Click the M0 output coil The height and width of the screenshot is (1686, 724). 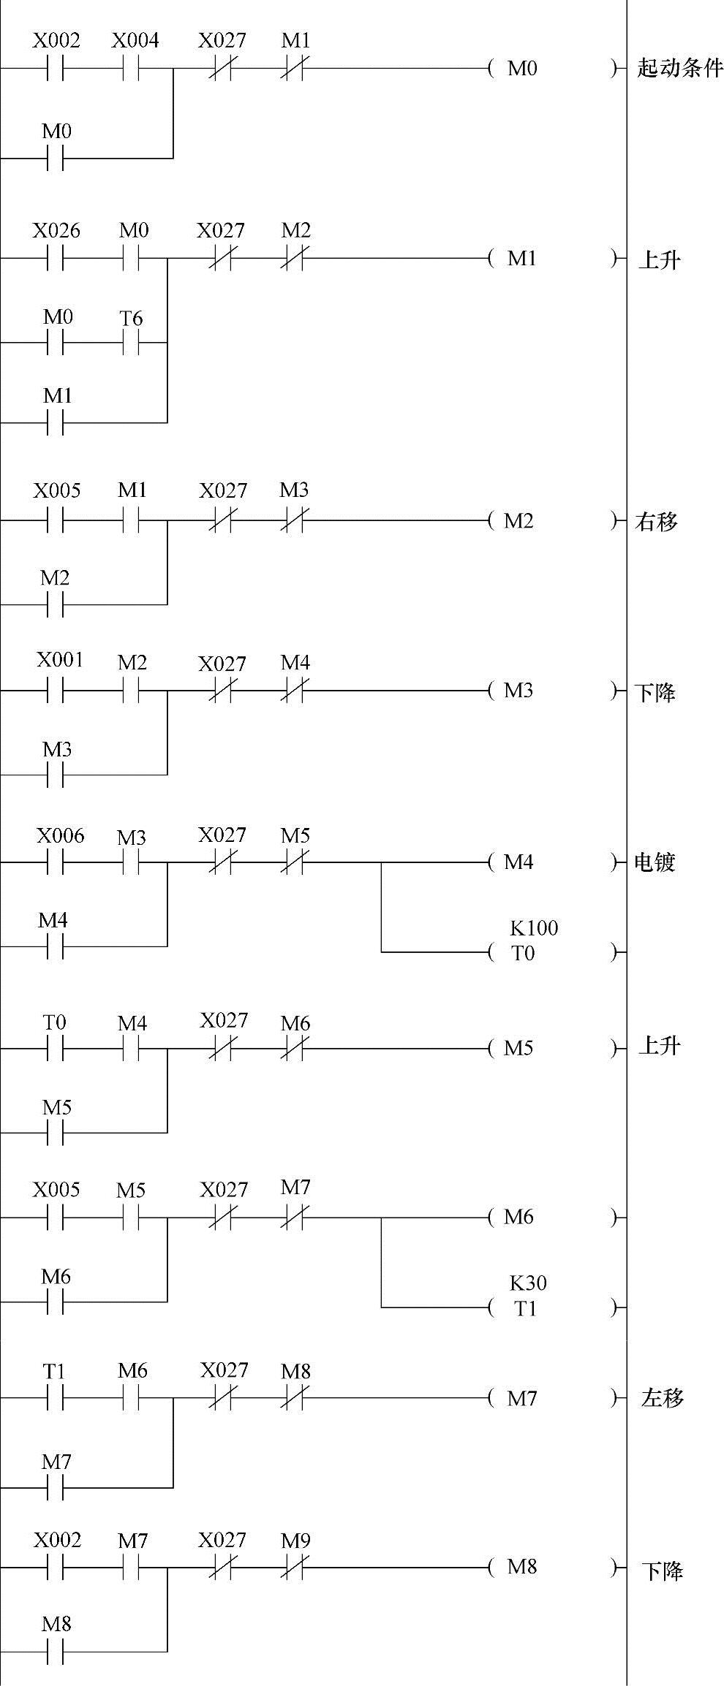pyautogui.click(x=522, y=69)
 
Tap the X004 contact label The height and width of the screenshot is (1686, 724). pyautogui.click(x=135, y=40)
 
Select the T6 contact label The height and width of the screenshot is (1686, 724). pyautogui.click(x=131, y=318)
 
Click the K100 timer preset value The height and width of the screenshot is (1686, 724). pyautogui.click(x=534, y=928)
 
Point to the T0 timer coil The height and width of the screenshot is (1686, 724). pyautogui.click(x=523, y=953)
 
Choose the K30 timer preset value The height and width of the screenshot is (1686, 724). pyautogui.click(x=528, y=1283)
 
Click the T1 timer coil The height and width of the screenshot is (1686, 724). pyautogui.click(x=525, y=1308)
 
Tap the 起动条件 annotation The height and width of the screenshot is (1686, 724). pyautogui.click(x=679, y=69)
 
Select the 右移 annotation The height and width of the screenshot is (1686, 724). pyautogui.click(x=656, y=521)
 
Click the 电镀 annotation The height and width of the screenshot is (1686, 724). pyautogui.click(x=654, y=862)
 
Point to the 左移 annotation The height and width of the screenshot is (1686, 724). pyautogui.click(x=662, y=1398)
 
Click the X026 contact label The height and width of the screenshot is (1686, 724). pyautogui.click(x=56, y=231)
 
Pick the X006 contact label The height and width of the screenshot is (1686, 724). pyautogui.click(x=61, y=835)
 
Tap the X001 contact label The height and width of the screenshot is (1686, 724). pyautogui.click(x=60, y=660)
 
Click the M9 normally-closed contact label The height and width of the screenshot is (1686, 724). pyautogui.click(x=295, y=1541)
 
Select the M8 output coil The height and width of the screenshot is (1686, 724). pyautogui.click(x=522, y=1567)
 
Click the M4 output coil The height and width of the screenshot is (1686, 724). pyautogui.click(x=519, y=862)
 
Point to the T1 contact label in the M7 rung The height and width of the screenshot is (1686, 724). pyautogui.click(x=54, y=1371)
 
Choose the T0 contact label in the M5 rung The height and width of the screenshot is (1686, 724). pyautogui.click(x=54, y=1022)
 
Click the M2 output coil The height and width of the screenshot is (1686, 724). pyautogui.click(x=519, y=521)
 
